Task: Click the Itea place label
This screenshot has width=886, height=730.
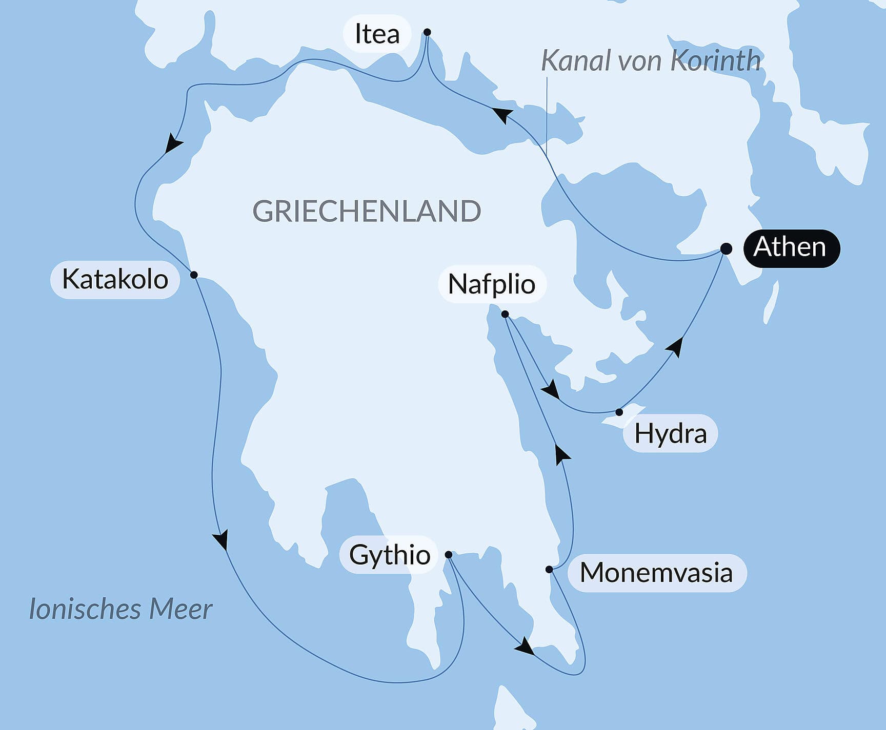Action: pos(377,34)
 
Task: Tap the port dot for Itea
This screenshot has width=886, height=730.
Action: pos(427,32)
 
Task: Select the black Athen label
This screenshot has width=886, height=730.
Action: pos(790,247)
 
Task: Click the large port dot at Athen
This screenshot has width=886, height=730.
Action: pos(726,249)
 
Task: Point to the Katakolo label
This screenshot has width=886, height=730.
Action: pos(115,280)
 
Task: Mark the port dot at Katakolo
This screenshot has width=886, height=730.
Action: pos(194,275)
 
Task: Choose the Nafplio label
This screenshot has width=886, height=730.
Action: pos(492,284)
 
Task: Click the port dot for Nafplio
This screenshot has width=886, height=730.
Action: pos(505,314)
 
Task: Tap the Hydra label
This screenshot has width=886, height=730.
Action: pos(670,434)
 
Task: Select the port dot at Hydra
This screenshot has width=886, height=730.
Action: pos(619,412)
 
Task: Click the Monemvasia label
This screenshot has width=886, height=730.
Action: pos(656,573)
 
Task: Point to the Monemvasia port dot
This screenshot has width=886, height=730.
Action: pos(549,569)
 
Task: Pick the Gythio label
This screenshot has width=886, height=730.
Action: pos(389,555)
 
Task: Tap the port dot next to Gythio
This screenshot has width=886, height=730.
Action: pos(449,555)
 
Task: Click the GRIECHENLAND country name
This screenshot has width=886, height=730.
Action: pos(367,211)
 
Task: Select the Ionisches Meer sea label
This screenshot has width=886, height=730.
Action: pos(120,609)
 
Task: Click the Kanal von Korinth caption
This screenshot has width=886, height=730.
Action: pos(651,60)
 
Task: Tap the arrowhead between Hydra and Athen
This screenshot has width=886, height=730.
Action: pos(676,346)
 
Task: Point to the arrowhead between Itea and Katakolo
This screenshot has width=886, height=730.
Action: pos(174,143)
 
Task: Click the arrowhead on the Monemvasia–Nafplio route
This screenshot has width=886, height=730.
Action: pos(562,454)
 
